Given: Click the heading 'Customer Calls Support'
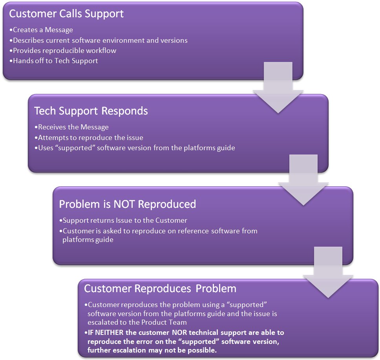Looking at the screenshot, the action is [66, 14].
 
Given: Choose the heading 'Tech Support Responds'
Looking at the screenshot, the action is [91, 111].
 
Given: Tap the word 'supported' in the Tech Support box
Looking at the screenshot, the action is [75, 148].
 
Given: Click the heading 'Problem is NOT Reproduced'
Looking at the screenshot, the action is [128, 204].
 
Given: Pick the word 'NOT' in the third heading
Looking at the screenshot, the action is [124, 204].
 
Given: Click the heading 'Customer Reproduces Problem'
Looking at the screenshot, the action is [160, 289].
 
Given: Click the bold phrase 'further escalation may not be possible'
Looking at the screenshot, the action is [152, 350].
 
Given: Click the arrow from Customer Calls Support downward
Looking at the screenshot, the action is [278, 87].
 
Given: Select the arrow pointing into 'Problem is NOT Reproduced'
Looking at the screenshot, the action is [303, 180].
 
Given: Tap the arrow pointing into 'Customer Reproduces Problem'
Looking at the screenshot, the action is [328, 273].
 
